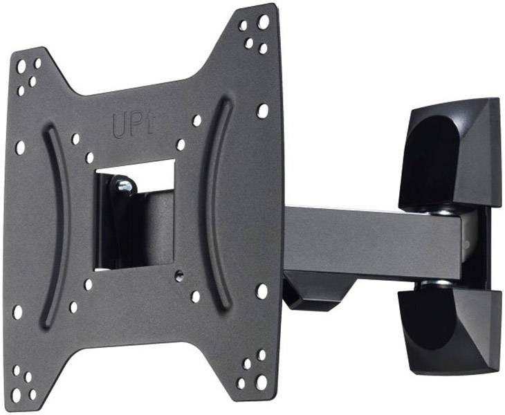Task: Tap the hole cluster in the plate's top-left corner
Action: click(x=28, y=75)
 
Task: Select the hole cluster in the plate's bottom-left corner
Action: click(x=24, y=381)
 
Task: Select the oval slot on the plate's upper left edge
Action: click(x=20, y=147)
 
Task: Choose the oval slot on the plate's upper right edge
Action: click(x=262, y=111)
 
